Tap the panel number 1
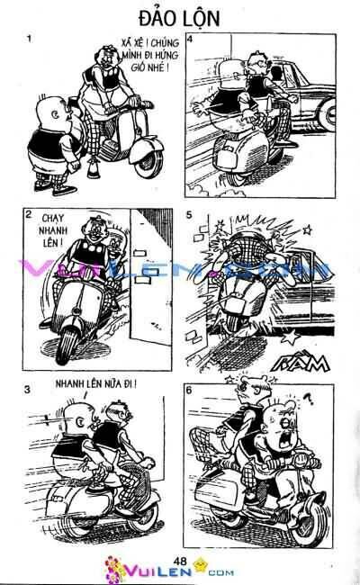[x=30, y=40]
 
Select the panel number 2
[x=31, y=215]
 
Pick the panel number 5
[x=189, y=215]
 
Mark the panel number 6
[x=189, y=390]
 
